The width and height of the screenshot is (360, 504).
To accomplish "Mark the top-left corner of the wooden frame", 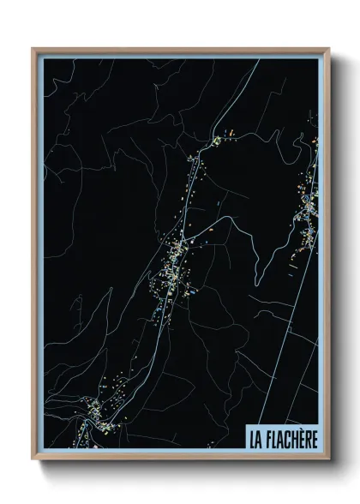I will pos(33,49).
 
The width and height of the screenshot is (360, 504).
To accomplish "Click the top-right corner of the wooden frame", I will pos(327,49).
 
